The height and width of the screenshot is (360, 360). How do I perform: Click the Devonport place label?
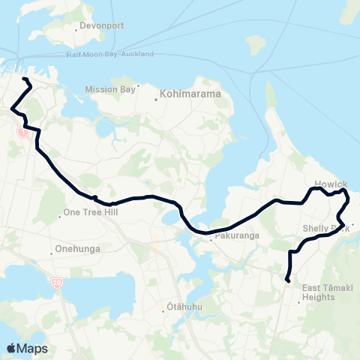[103, 26]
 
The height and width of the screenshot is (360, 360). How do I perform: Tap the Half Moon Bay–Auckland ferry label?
[109, 54]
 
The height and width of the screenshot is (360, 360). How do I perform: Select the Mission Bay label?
[110, 88]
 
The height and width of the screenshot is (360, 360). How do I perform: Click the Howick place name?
[331, 184]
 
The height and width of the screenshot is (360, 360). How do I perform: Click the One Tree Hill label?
[93, 212]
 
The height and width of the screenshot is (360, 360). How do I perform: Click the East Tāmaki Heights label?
[323, 292]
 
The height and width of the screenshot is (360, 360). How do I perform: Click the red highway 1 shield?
[23, 133]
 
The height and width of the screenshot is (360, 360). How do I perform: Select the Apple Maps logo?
[27, 348]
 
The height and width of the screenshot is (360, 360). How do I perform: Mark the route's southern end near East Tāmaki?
[287, 281]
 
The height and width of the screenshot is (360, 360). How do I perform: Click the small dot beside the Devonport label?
[78, 27]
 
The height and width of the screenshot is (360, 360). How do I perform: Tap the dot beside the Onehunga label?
[51, 249]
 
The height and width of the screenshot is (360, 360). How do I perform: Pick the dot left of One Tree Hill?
[60, 213]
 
